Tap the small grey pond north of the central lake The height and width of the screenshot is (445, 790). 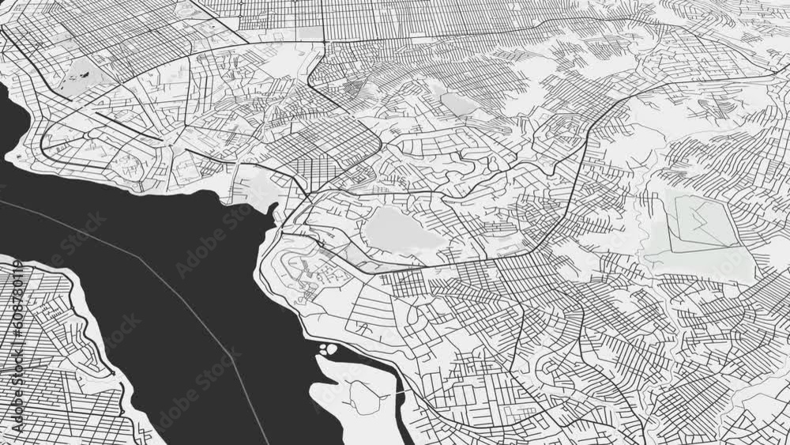[x=457, y=102]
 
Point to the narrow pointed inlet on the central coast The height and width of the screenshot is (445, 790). [x=273, y=210]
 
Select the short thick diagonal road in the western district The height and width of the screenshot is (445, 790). [x=126, y=126]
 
